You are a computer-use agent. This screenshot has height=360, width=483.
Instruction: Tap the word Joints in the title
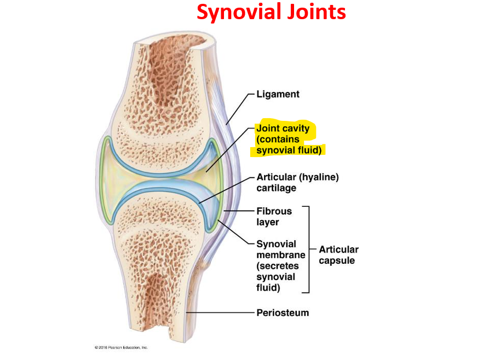318,11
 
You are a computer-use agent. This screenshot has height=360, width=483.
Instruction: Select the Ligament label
278,94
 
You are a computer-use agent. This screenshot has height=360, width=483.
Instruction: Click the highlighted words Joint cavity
283,129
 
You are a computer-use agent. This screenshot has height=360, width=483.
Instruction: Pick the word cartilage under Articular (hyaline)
276,188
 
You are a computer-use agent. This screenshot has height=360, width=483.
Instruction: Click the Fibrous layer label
274,216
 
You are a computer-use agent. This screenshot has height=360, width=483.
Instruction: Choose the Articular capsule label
338,255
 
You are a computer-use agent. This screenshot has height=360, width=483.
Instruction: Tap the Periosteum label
283,313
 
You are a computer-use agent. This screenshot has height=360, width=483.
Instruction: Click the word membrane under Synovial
280,255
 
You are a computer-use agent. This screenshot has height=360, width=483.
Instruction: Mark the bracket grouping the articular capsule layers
309,249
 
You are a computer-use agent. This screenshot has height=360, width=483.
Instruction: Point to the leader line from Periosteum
219,313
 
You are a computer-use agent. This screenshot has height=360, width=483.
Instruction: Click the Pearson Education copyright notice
121,347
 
